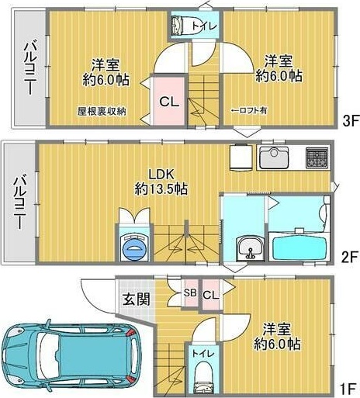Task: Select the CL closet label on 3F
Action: click(x=168, y=100)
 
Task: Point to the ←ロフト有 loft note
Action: click(x=249, y=111)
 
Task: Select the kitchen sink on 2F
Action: click(x=273, y=157)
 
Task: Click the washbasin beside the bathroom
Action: click(x=248, y=249)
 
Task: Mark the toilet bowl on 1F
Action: click(x=200, y=379)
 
